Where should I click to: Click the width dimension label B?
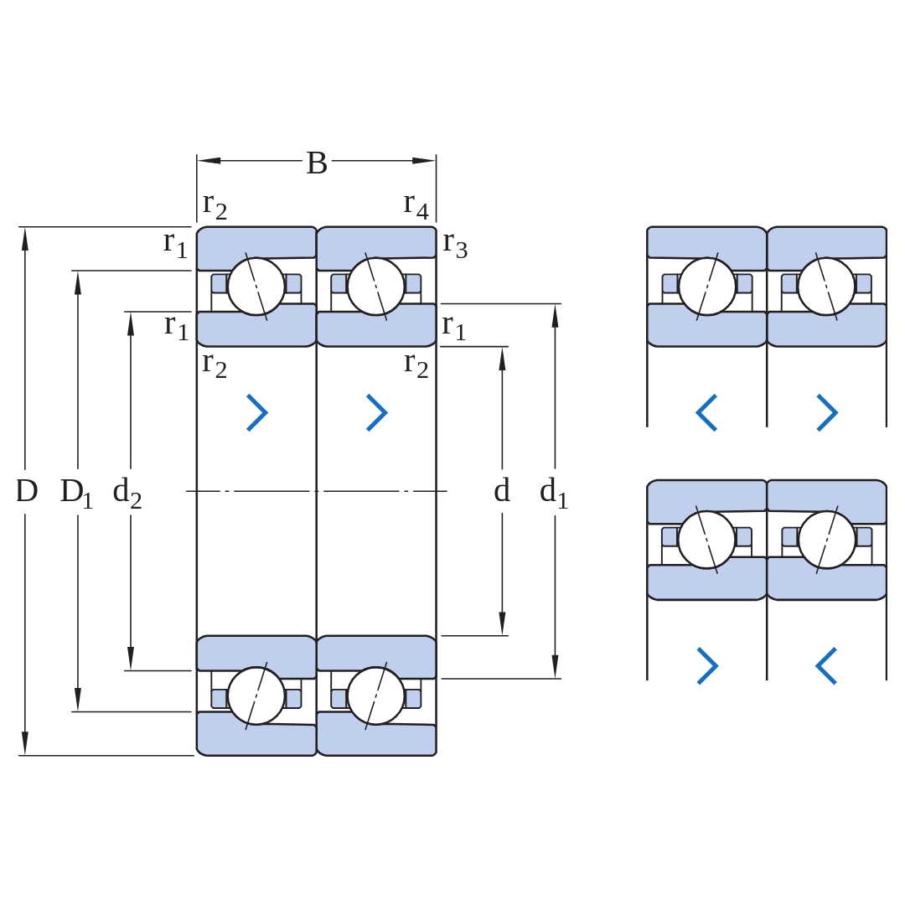[316, 163]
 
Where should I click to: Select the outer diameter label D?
[27, 491]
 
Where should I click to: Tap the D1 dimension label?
[76, 494]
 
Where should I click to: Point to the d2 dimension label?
[127, 494]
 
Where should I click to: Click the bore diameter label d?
[502, 490]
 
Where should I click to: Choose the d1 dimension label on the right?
[554, 494]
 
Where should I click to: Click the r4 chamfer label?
[416, 206]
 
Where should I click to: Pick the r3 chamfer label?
[455, 245]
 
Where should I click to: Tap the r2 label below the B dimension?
[215, 206]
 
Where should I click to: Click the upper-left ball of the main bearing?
[256, 287]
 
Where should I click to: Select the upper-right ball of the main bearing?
[375, 287]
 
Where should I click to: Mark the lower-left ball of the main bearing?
[256, 696]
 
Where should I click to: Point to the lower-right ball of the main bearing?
[375, 696]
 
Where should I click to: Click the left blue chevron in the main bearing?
[257, 412]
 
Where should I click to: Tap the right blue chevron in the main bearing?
[377, 412]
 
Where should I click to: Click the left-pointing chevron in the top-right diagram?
[706, 412]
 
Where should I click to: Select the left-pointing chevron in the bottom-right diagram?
[826, 666]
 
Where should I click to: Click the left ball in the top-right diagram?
[707, 287]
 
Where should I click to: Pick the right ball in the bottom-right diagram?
[826, 540]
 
